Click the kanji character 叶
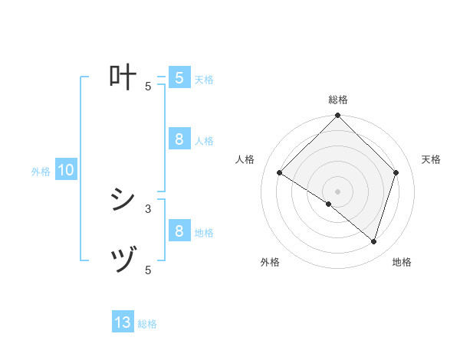123,77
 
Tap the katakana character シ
123,200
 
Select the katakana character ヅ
123,261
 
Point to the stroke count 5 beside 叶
148,87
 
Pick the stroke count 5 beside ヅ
148,270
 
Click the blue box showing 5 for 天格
179,77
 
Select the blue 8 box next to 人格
179,139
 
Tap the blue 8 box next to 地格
179,231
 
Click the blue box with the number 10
66,170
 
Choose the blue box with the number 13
123,322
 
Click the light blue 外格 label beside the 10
41,172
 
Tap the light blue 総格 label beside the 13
147,324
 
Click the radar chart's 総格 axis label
338,100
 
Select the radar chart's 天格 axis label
431,159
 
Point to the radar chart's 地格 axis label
402,262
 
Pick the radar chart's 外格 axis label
270,262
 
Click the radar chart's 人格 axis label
245,159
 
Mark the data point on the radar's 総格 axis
338,116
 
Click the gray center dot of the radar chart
338,191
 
